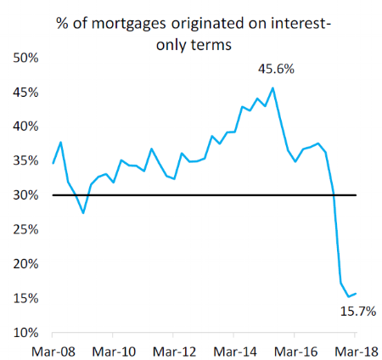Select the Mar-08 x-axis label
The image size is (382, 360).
[53, 350]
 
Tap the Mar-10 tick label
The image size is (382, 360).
[114, 350]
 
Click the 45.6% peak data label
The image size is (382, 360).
[276, 69]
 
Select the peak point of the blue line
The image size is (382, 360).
[272, 87]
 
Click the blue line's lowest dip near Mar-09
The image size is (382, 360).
[83, 212]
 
